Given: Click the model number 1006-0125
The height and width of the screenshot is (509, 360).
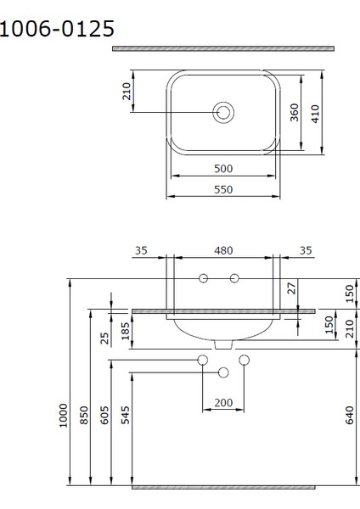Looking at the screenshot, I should (57, 30).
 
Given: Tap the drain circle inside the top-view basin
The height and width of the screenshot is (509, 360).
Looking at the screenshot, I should (224, 112).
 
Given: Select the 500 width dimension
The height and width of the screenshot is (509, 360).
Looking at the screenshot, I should (223, 169).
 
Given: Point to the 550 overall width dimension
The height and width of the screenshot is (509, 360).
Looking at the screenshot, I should (223, 190).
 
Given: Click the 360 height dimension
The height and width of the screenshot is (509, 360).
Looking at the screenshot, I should (295, 113).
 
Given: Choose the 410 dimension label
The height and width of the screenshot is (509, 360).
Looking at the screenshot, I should (316, 113).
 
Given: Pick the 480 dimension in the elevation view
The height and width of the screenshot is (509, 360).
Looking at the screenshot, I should (223, 250).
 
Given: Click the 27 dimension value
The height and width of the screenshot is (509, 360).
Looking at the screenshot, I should (292, 288).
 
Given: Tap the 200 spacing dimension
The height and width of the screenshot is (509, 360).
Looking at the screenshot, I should (223, 402).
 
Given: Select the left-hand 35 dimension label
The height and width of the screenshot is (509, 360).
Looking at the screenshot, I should (141, 250).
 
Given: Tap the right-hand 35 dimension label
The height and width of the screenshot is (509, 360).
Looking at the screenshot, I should (305, 250).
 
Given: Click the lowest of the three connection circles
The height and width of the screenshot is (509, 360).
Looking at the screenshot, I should (224, 372).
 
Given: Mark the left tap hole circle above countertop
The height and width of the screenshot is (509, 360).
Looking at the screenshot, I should (203, 278).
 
